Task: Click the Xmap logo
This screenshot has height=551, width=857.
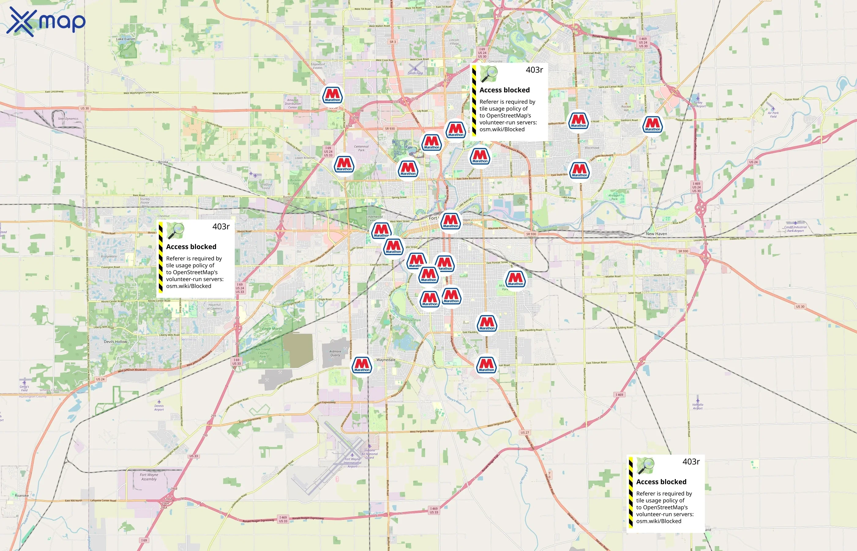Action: pyautogui.click(x=46, y=21)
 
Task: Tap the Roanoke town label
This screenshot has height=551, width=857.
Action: pyautogui.click(x=22, y=496)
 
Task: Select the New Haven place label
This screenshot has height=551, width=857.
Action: pyautogui.click(x=656, y=234)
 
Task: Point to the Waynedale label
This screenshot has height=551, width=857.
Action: pyautogui.click(x=386, y=360)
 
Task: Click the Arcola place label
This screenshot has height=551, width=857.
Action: pyautogui.click(x=163, y=162)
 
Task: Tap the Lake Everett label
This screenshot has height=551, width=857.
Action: pyautogui.click(x=125, y=39)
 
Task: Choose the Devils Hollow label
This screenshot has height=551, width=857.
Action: pyautogui.click(x=115, y=342)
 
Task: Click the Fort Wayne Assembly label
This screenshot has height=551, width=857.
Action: pyautogui.click(x=149, y=477)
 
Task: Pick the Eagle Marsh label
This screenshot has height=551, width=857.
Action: pyautogui.click(x=272, y=328)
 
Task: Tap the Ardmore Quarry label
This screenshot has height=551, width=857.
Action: pyautogui.click(x=335, y=353)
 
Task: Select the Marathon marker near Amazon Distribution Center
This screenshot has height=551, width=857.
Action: pyautogui.click(x=333, y=95)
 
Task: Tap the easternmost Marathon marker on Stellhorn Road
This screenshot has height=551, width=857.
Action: pyautogui.click(x=653, y=125)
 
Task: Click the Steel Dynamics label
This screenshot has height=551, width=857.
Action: pyautogui.click(x=68, y=119)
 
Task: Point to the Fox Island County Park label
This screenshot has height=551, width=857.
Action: pyautogui.click(x=263, y=353)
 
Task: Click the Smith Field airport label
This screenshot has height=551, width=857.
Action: pyautogui.click(x=415, y=73)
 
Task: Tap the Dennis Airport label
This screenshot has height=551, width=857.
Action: pyautogui.click(x=159, y=407)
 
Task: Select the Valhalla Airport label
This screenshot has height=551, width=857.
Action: pyautogui.click(x=698, y=407)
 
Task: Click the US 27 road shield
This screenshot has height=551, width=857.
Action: pyautogui.click(x=525, y=433)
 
